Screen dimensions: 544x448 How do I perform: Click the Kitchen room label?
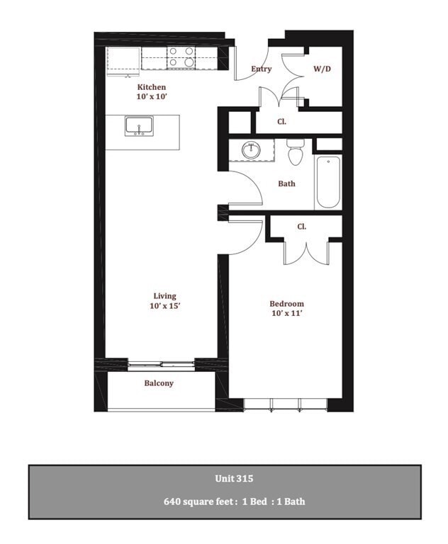pos(152,87)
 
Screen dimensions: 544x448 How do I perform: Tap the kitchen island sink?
pos(140,126)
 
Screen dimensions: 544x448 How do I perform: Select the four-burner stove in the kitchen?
pos(181,57)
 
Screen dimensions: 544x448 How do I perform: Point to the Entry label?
pos(262,69)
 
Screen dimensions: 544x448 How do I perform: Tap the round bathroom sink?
pos(251,150)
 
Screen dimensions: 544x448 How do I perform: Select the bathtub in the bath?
pos(328,181)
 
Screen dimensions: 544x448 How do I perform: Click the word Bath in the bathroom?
pos(286,183)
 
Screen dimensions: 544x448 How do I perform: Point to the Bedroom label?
pos(287,304)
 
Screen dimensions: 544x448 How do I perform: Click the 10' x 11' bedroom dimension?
pos(287,313)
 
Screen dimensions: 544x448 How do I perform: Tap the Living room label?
pos(164,296)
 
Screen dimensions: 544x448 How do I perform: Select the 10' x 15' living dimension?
pos(164,306)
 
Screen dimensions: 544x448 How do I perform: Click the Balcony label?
pos(159,383)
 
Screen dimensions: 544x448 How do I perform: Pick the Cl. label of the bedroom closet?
pos(301,227)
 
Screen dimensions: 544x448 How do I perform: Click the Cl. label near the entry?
pos(281,122)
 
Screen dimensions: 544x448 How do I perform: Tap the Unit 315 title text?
pos(234,478)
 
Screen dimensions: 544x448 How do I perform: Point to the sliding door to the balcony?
pos(161,364)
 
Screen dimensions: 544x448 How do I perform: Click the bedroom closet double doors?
pos(306,252)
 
